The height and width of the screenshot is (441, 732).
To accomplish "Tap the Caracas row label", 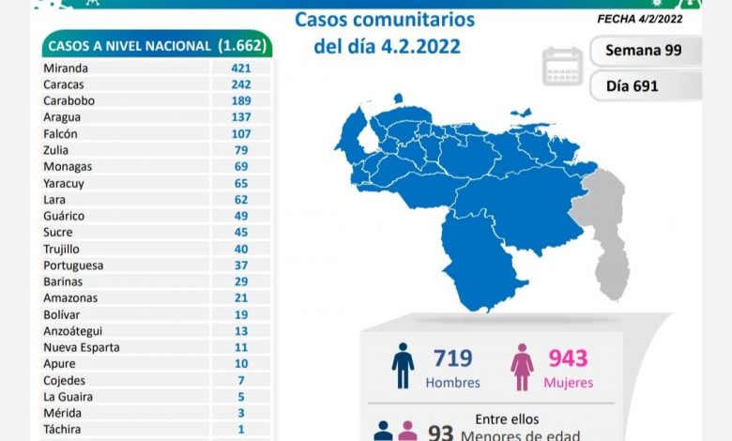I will [63, 84].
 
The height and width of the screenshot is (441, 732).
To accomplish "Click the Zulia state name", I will [56, 150].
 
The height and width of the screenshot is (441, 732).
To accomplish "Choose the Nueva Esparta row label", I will [78, 347].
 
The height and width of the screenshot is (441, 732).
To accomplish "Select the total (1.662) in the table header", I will [243, 45].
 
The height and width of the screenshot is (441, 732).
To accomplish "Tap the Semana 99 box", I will [645, 51].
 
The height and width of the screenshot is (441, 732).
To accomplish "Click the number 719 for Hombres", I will [452, 357].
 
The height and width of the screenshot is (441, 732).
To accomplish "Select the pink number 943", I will [569, 357].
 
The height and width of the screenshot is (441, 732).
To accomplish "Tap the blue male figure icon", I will [403, 366].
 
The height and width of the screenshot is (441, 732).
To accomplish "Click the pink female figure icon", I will [522, 366].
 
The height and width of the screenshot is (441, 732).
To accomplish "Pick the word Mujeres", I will [569, 383].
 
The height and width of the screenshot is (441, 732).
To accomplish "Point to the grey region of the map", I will [606, 225].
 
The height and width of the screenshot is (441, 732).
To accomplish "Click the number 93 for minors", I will [440, 432].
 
